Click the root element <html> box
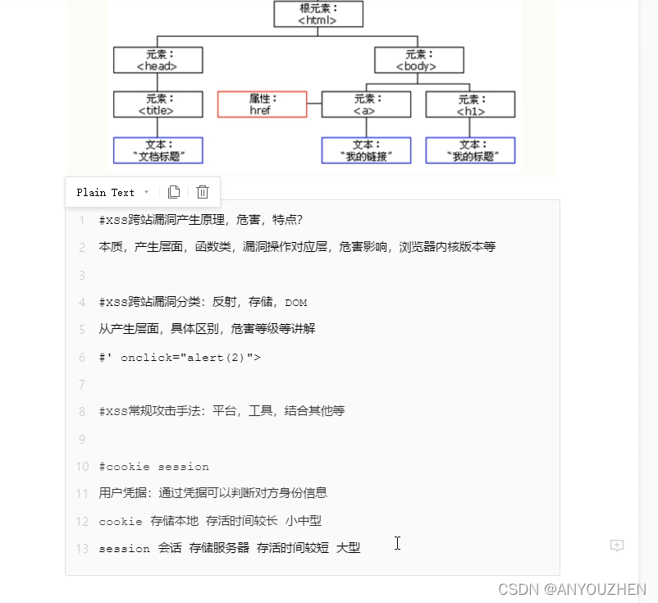pyautogui.click(x=318, y=14)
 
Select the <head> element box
pyautogui.click(x=158, y=60)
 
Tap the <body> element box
pyautogui.click(x=418, y=60)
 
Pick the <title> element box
pyautogui.click(x=158, y=104)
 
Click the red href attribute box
pyautogui.click(x=262, y=104)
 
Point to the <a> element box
pyautogui.click(x=366, y=104)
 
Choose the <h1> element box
pyautogui.click(x=470, y=104)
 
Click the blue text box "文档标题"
pyautogui.click(x=158, y=150)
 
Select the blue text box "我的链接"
pyautogui.click(x=366, y=150)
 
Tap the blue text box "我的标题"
pyautogui.click(x=470, y=150)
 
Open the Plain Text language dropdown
pyautogui.click(x=112, y=192)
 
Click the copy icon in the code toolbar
pyautogui.click(x=174, y=192)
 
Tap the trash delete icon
pyautogui.click(x=203, y=192)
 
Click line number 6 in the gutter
pyautogui.click(x=81, y=358)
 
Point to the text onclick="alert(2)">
pyautogui.click(x=190, y=358)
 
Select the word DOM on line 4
pyautogui.click(x=296, y=303)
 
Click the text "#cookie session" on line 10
pyautogui.click(x=153, y=467)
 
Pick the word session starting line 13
pyautogui.click(x=124, y=548)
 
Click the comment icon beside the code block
pyautogui.click(x=617, y=546)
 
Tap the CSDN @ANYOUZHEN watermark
pyautogui.click(x=572, y=589)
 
